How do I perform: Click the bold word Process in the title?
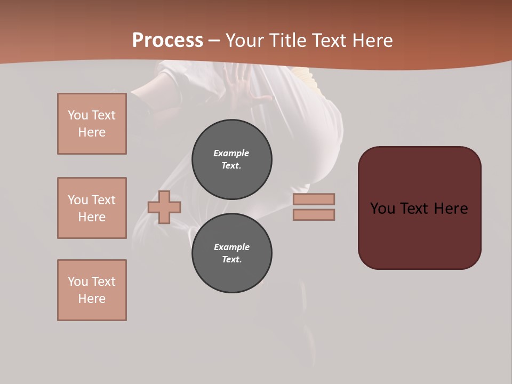click(x=167, y=40)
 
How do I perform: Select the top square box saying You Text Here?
click(x=92, y=124)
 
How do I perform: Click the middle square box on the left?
click(x=92, y=208)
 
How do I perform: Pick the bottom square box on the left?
click(x=92, y=290)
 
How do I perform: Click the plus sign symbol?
click(x=164, y=207)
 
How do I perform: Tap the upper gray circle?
click(x=231, y=159)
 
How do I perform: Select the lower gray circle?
click(x=231, y=253)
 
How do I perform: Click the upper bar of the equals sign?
click(x=314, y=199)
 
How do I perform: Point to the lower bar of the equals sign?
click(x=314, y=214)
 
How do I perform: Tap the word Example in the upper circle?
click(x=231, y=153)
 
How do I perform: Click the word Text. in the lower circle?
click(x=231, y=260)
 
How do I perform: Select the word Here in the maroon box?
click(x=451, y=209)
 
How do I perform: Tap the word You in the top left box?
click(x=77, y=115)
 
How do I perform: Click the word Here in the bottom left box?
click(x=92, y=299)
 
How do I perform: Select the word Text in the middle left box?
click(x=103, y=200)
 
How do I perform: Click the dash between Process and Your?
click(x=214, y=41)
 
